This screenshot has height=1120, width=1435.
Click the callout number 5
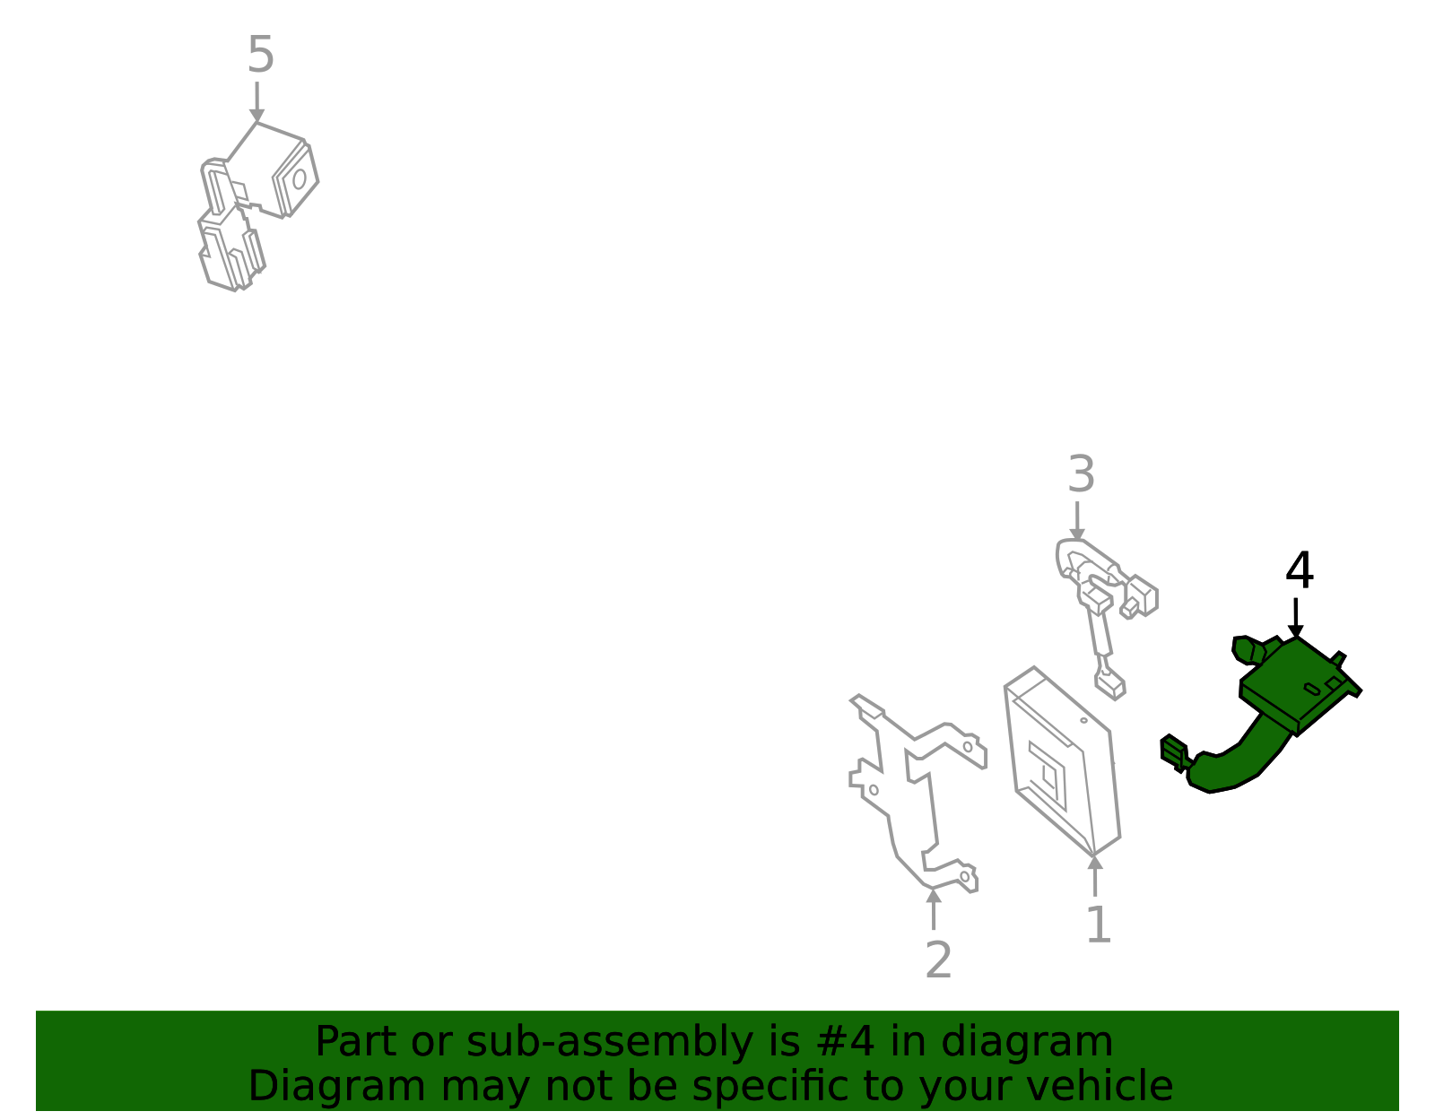260,56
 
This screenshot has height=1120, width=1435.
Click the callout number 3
1081,474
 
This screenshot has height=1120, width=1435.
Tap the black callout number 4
1299,571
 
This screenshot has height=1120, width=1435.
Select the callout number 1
1098,925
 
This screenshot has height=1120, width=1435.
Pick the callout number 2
938,961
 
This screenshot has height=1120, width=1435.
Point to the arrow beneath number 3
1077,522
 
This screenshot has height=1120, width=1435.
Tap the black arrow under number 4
1295,619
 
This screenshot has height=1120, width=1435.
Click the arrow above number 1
1095,875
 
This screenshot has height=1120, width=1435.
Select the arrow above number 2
934,908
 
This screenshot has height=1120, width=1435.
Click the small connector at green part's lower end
1173,751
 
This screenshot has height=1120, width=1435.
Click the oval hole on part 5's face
299,179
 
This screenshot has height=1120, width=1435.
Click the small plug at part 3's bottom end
1110,686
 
